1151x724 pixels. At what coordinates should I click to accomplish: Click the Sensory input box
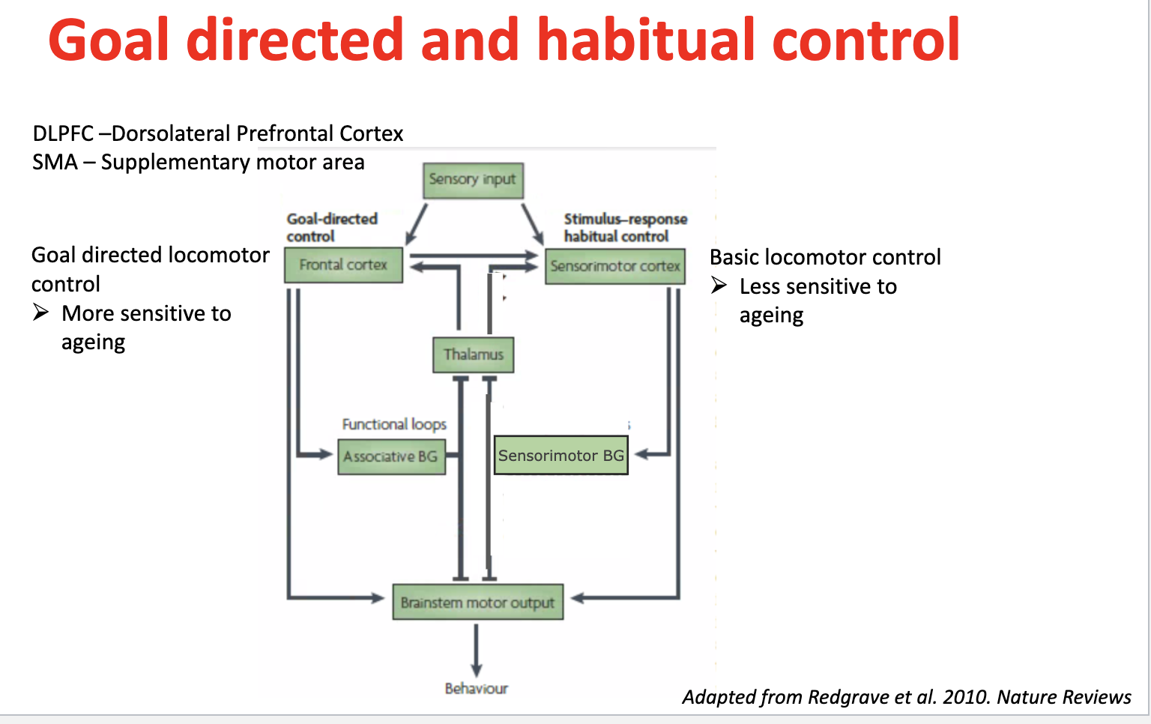click(x=474, y=181)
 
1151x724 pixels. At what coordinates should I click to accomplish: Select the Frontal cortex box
click(x=343, y=265)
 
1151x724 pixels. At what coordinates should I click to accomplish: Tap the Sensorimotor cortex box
click(x=615, y=266)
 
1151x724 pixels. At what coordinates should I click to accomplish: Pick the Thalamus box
click(x=474, y=355)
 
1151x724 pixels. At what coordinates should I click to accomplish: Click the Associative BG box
click(x=392, y=456)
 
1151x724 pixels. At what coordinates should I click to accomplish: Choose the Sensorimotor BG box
click(x=561, y=455)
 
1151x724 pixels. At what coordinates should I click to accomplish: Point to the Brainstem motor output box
click(x=478, y=602)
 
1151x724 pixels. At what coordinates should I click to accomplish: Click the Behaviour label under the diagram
click(x=477, y=689)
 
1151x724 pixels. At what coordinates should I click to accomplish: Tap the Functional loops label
click(x=394, y=424)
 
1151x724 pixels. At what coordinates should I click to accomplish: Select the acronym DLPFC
click(x=63, y=133)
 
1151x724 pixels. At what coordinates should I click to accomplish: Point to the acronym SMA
click(x=55, y=163)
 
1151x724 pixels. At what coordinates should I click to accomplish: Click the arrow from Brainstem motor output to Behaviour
click(x=477, y=651)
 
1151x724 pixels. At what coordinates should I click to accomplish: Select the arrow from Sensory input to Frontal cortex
click(x=416, y=224)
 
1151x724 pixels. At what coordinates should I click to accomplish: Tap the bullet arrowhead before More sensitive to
click(x=41, y=312)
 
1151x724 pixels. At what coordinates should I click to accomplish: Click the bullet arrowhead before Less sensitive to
click(x=719, y=285)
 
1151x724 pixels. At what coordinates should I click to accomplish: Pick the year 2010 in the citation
click(x=965, y=697)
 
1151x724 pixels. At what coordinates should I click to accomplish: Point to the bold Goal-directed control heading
click(x=332, y=228)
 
